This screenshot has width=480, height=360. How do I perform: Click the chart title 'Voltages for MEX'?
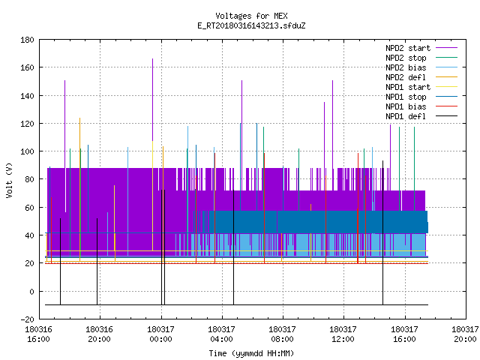[251, 16]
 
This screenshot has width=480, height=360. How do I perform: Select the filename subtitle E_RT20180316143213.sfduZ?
[251, 25]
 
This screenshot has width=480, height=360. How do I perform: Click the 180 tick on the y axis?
[27, 40]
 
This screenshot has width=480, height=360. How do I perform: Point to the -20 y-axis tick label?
[27, 319]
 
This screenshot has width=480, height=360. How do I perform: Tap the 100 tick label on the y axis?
[27, 151]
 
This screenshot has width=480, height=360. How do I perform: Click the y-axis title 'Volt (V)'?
[9, 181]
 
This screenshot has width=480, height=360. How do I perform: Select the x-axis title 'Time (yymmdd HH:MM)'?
[251, 353]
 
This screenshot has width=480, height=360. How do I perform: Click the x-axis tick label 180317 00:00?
[160, 334]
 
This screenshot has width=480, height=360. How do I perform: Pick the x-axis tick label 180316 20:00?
[100, 334]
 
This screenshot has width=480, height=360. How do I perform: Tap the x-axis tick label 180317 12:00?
[343, 334]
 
